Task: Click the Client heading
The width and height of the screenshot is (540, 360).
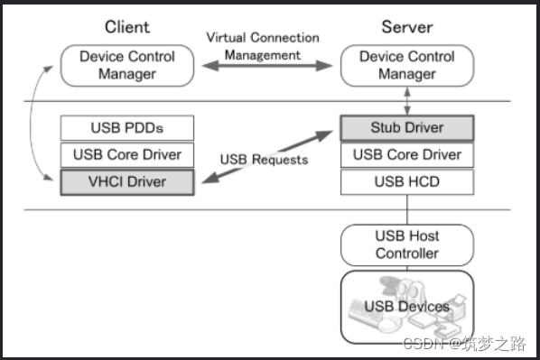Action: (127, 26)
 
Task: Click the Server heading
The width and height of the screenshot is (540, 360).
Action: (406, 26)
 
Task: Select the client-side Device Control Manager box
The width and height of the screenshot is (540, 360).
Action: (127, 66)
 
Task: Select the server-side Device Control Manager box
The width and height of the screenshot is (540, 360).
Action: (406, 66)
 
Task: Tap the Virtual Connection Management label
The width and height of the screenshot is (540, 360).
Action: (263, 46)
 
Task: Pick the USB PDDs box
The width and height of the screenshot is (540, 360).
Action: (127, 127)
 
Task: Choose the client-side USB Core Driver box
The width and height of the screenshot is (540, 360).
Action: (127, 154)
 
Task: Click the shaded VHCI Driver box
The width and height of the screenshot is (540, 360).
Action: (127, 182)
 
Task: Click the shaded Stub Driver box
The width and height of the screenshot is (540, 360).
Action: (406, 127)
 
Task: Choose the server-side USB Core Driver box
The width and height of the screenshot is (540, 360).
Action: (406, 154)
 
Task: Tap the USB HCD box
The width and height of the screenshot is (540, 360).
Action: (406, 182)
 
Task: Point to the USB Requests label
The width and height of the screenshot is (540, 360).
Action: (264, 160)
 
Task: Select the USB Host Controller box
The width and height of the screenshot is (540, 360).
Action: (406, 244)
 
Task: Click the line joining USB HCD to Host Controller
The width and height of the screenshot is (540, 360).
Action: (406, 209)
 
